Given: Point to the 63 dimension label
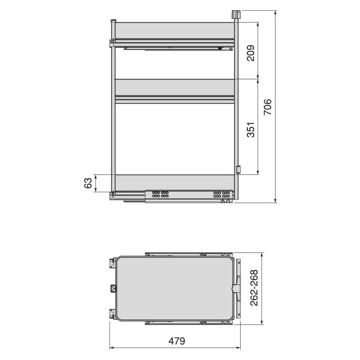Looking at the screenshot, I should coord(88,183).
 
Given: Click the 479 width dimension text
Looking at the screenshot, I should coord(176,341).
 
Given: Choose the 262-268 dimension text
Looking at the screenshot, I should coord(254,289).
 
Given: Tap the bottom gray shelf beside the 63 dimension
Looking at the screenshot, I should coord(174,182).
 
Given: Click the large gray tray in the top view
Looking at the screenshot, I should coord(174,289).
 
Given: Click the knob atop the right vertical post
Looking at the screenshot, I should coord(236,14).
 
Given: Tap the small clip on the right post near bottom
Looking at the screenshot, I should coord(238,169).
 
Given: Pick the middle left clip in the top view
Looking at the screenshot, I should coord(112,288).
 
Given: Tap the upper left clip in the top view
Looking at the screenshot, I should coord(111,263).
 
